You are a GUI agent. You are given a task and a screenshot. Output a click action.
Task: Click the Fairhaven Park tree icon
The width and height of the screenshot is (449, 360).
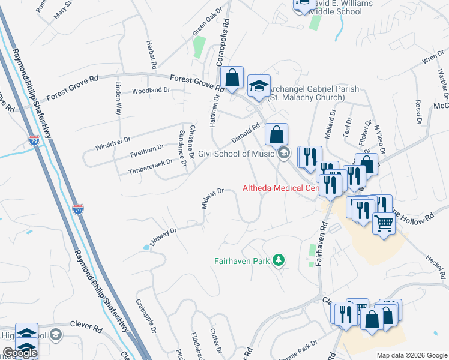278,260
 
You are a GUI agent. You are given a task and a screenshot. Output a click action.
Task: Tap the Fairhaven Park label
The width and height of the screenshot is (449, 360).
243,261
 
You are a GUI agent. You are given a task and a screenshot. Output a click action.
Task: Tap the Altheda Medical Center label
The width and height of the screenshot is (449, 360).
279,188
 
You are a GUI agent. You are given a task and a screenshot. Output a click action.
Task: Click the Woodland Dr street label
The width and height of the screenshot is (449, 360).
151,90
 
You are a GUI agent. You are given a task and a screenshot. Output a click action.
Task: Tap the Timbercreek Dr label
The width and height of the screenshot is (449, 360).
150,167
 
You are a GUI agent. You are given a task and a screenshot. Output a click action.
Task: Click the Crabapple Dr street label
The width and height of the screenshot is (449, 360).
146,316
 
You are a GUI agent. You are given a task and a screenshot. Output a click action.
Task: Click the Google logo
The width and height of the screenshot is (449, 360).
19,353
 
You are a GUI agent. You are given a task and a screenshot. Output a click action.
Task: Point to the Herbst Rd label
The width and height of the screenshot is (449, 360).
151,55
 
